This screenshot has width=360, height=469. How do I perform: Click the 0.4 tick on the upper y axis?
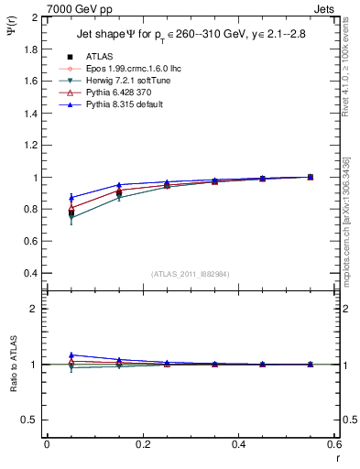31,273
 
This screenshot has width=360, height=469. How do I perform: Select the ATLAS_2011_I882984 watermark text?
190,274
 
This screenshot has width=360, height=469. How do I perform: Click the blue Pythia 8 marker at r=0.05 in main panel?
71,197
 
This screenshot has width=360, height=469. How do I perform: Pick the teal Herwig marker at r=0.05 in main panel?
71,218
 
